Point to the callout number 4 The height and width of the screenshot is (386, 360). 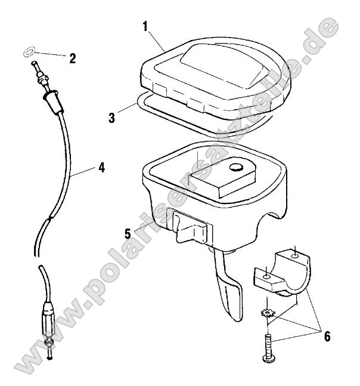[x=101, y=168]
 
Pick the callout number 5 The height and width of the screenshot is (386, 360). [x=128, y=233]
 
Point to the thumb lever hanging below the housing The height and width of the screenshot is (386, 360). [x=230, y=287]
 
